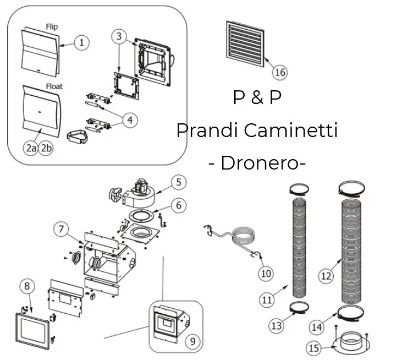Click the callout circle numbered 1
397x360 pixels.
[81, 42]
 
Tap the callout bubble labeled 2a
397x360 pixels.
[31, 148]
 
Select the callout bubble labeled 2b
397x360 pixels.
[46, 148]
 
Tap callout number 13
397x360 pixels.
[277, 326]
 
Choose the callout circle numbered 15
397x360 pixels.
[313, 348]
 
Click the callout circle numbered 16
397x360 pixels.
[279, 72]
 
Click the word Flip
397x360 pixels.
[51, 26]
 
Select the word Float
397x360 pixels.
[54, 86]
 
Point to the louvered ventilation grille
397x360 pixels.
[245, 40]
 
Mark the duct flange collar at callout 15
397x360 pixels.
[350, 341]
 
